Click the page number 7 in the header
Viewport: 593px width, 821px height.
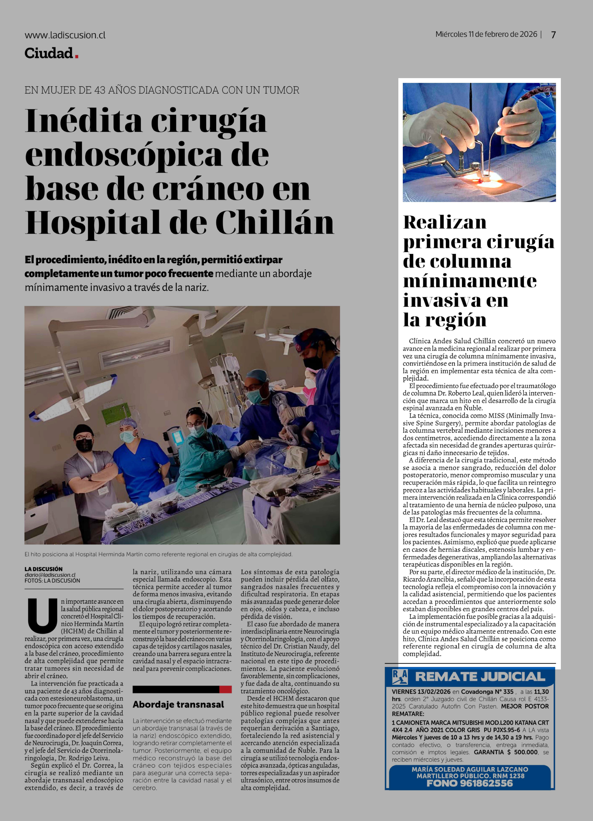coord(553,35)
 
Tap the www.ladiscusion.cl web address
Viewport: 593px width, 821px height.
coord(65,35)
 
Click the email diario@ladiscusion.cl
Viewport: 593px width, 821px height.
coord(50,575)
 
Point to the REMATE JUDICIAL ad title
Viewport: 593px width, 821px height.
coord(480,677)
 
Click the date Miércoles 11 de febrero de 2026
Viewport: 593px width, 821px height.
coord(486,34)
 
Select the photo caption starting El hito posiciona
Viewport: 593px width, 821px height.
coord(158,554)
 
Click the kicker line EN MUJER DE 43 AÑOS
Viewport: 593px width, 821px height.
coord(162,90)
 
